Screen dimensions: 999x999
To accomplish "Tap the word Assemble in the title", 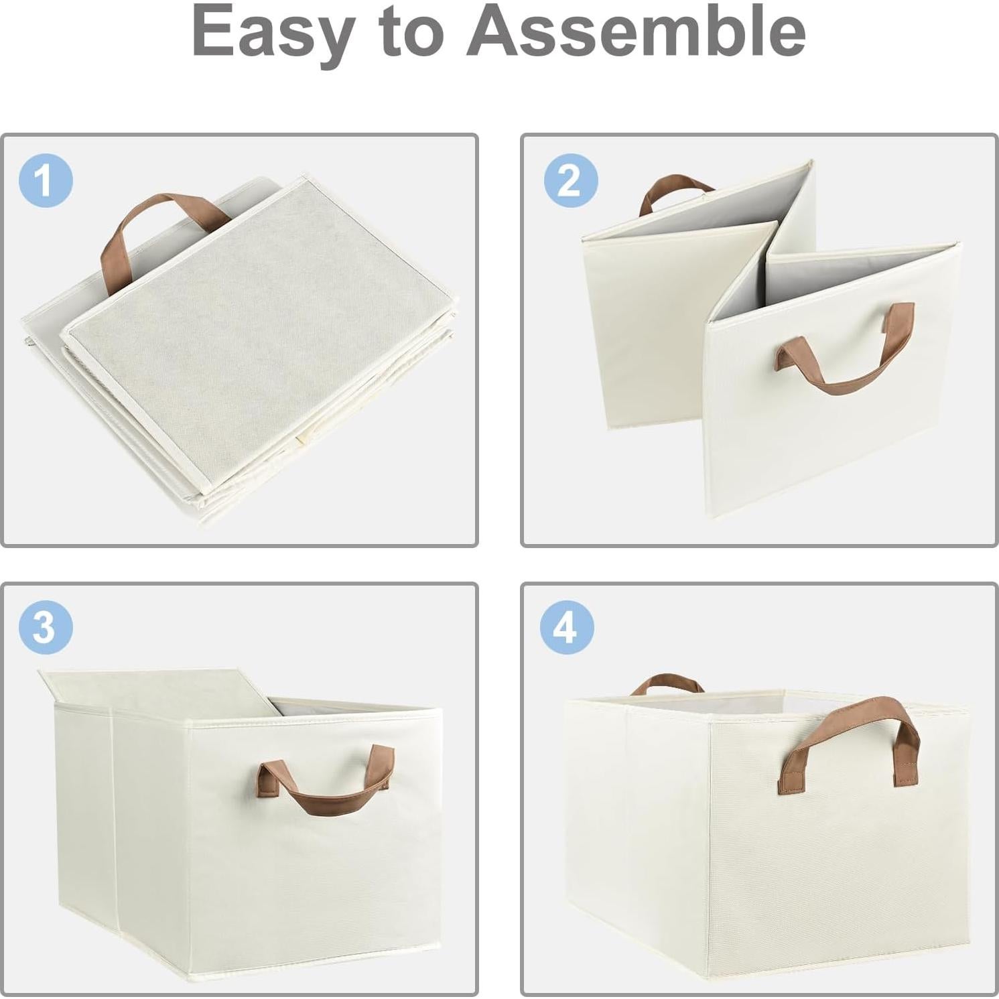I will point(637,31).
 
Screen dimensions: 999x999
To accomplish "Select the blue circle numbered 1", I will point(46,180).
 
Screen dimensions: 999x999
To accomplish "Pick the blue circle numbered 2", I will point(570,180).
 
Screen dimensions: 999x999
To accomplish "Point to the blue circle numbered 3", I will point(46,628).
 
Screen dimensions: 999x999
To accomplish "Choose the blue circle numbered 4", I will point(568,628).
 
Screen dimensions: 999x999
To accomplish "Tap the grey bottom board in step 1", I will point(261,335).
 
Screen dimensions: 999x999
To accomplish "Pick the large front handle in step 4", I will point(848,730).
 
